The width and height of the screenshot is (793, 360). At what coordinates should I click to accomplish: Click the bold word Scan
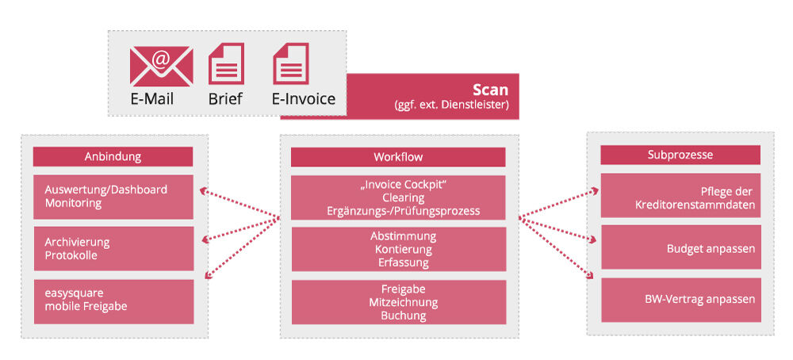point(490,90)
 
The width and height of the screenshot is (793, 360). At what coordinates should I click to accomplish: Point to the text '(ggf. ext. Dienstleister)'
point(451,105)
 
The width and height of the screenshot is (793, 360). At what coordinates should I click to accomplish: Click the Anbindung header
point(113,156)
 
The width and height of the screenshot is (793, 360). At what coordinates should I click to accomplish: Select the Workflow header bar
point(398,157)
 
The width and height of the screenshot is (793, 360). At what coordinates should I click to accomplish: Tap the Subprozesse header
point(680,155)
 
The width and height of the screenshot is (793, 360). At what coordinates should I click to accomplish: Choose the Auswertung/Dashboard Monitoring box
point(113,197)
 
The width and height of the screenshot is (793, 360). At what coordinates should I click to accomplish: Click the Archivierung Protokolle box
point(113,248)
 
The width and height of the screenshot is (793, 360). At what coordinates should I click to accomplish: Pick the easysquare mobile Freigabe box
point(113,300)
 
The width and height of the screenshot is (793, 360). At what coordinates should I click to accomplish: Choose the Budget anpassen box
point(680,248)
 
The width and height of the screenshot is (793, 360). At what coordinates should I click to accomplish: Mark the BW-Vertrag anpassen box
point(680,299)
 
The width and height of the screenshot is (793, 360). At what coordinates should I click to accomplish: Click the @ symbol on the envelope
point(161,58)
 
